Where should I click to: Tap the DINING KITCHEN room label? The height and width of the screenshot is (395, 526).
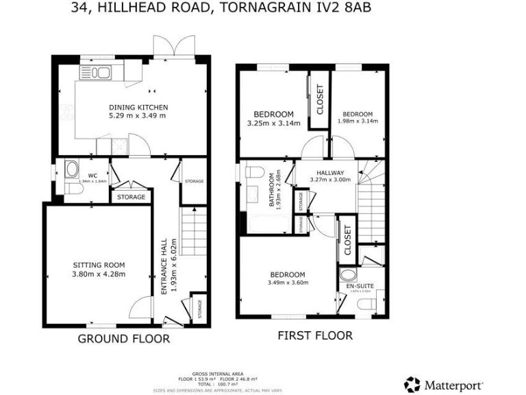pos(138,108)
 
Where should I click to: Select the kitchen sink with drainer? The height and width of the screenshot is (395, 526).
pos(98,72)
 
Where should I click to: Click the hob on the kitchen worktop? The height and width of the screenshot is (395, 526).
pos(118,145)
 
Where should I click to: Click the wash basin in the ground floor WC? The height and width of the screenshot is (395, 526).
pos(70,169)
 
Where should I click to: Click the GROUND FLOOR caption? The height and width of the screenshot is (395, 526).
pos(123,339)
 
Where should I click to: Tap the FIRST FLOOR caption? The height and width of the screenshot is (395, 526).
pos(314,335)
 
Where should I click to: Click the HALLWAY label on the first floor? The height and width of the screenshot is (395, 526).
pos(330,172)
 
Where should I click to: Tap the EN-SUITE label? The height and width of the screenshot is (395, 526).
pos(358,285)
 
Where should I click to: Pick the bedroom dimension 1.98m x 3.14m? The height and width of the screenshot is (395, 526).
pos(358,121)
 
